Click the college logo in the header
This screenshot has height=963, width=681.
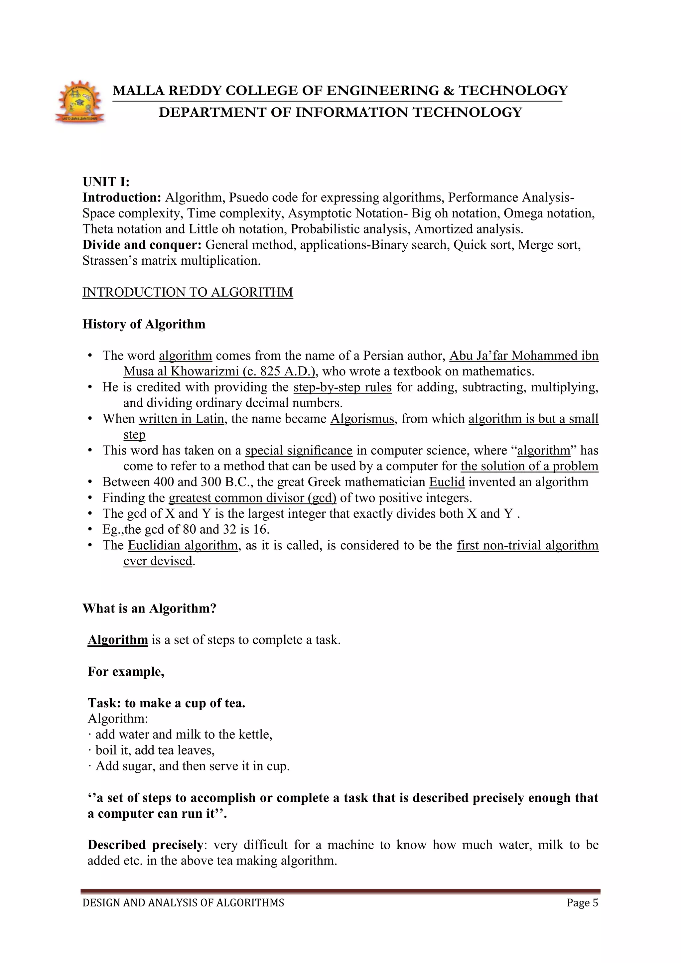[80, 102]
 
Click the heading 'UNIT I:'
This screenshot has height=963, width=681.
[106, 182]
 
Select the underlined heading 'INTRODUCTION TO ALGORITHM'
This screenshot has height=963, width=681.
[188, 292]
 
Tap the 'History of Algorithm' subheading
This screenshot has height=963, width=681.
[144, 324]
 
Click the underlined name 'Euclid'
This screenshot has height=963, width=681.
[447, 482]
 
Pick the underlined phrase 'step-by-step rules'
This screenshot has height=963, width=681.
[342, 387]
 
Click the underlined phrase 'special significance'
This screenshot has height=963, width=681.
[299, 451]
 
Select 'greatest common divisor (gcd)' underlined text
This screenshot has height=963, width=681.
[252, 498]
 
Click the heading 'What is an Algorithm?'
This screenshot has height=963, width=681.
[149, 609]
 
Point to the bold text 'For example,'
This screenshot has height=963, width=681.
[126, 671]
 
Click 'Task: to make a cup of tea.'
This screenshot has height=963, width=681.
[167, 703]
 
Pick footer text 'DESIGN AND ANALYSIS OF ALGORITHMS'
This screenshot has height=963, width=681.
[183, 902]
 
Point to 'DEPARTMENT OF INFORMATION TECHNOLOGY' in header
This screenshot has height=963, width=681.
[340, 112]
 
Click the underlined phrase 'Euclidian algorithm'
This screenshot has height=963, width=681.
[183, 545]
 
